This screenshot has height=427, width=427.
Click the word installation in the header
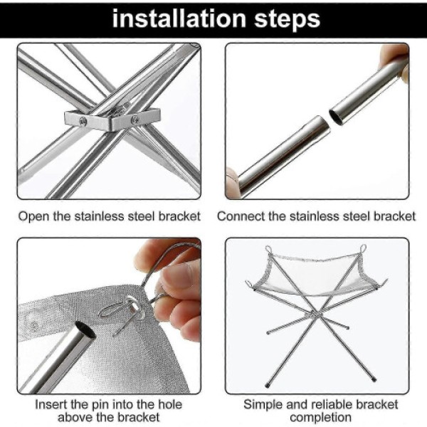click(x=179, y=19)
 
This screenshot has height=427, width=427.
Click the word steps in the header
click(x=287, y=20)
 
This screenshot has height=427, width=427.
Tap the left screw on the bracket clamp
click(x=83, y=121)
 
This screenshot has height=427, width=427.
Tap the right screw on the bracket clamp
click(x=135, y=120)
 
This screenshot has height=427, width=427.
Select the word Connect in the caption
click(x=241, y=216)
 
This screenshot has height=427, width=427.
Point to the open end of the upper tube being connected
click(x=336, y=116)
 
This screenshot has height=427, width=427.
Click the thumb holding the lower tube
click(x=232, y=181)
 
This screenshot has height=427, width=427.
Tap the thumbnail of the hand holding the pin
click(x=176, y=275)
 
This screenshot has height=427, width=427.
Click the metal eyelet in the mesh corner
click(x=135, y=308)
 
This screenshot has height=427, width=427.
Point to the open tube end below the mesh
click(x=85, y=329)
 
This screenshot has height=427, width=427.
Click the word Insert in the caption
click(x=51, y=404)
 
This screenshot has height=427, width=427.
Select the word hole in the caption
click(x=169, y=404)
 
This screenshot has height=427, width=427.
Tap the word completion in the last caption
click(x=320, y=417)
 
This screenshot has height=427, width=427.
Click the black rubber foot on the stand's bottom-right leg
click(x=374, y=379)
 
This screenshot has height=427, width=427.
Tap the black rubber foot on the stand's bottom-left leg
click(x=267, y=385)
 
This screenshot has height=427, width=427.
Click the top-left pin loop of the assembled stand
click(x=269, y=249)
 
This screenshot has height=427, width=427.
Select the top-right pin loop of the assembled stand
click(x=363, y=248)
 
